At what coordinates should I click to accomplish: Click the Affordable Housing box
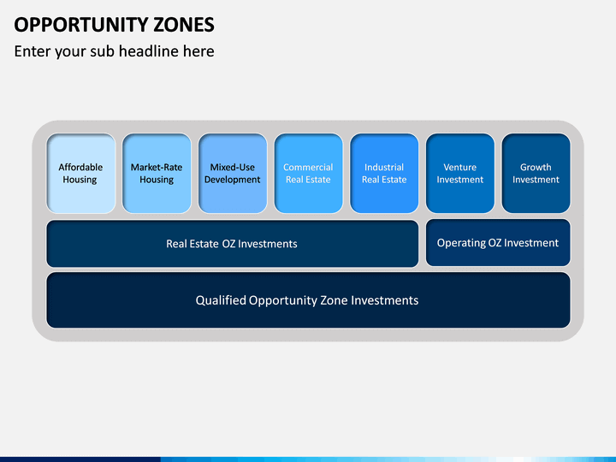(81, 173)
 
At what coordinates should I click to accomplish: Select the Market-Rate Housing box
(157, 173)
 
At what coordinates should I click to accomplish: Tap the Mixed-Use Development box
(233, 173)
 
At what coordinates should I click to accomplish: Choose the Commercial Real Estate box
(308, 173)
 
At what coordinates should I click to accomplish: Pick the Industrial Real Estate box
(384, 173)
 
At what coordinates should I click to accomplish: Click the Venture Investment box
(460, 173)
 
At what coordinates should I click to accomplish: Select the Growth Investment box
(536, 173)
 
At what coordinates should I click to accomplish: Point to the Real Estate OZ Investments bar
(233, 244)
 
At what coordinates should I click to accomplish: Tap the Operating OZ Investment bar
(498, 243)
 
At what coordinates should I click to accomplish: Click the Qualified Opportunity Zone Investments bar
(308, 300)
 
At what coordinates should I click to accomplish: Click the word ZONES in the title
(183, 25)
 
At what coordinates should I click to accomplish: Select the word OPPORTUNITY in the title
(81, 25)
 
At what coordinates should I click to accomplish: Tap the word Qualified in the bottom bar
(221, 300)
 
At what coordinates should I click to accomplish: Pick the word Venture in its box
(460, 167)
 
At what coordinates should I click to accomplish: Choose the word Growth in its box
(536, 167)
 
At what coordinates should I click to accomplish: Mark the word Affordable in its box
(80, 167)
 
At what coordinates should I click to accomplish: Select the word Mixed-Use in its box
(233, 167)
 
